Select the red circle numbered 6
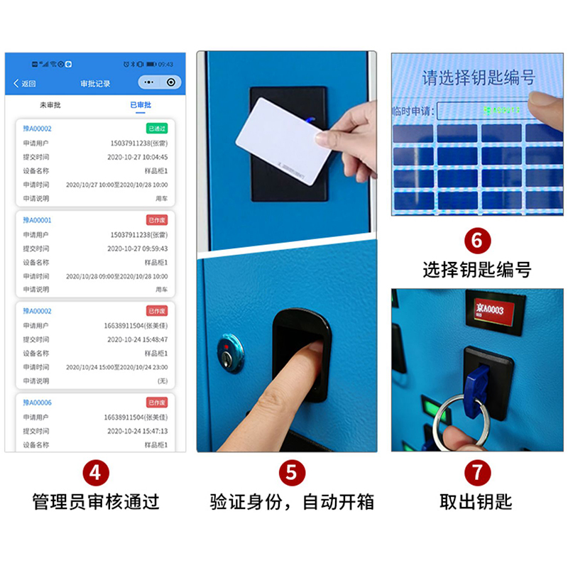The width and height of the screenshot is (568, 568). (x=476, y=241)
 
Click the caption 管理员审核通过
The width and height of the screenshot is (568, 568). (x=96, y=503)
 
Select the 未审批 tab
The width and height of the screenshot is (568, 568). (x=50, y=105)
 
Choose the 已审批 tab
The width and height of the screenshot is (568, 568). (x=140, y=105)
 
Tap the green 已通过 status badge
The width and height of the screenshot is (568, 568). (x=156, y=129)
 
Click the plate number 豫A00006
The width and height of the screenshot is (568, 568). (x=38, y=403)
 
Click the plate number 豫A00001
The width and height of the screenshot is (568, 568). (x=38, y=220)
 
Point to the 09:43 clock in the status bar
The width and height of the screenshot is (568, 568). (x=165, y=65)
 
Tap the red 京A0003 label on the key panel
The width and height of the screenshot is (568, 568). (x=496, y=311)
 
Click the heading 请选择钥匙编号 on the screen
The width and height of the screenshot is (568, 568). (x=479, y=78)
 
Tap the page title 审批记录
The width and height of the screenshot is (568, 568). (x=96, y=83)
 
